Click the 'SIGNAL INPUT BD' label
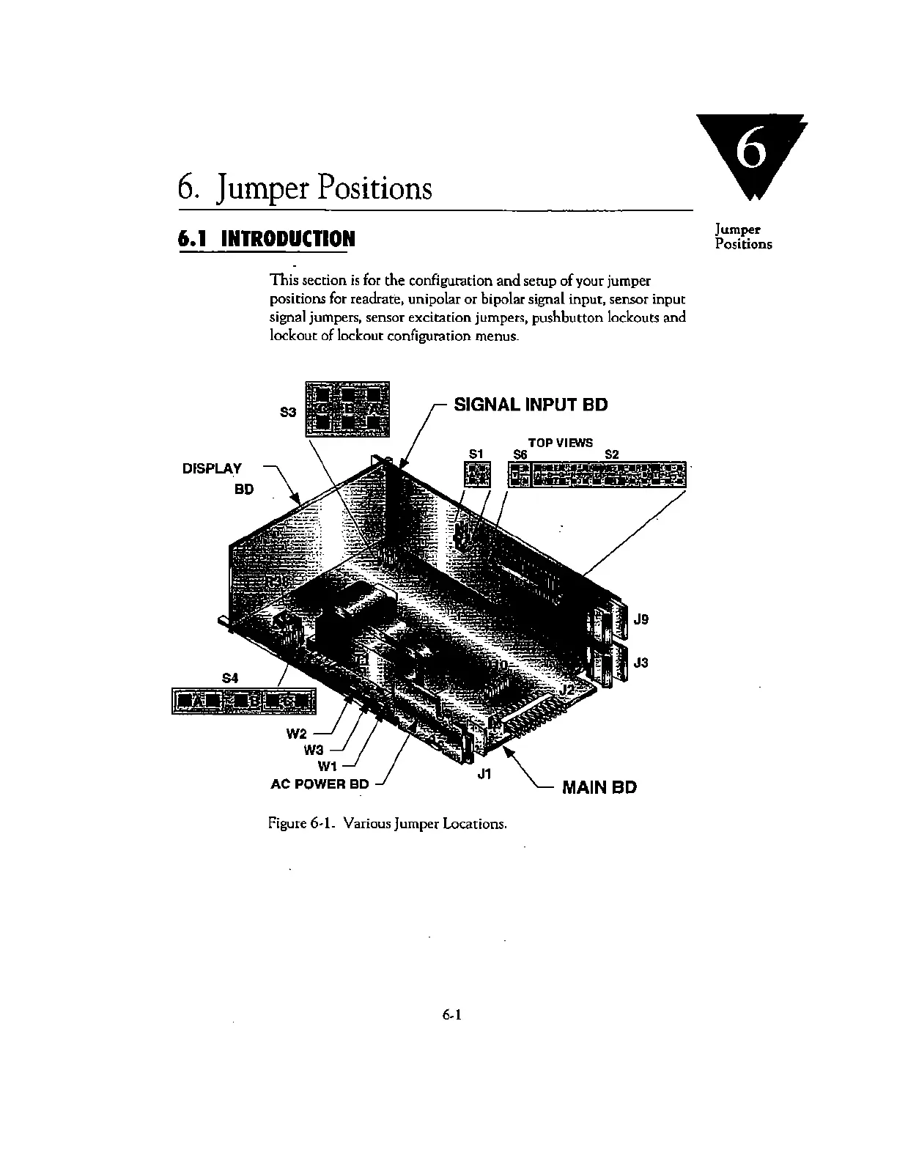point(531,405)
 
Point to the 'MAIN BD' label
point(599,787)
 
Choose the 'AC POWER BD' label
point(320,784)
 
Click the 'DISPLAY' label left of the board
point(212,468)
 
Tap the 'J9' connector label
point(641,619)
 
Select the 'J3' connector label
point(641,663)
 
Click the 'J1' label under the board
point(484,773)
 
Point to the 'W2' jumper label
point(296,734)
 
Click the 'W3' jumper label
point(313,750)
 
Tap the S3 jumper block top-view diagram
point(347,409)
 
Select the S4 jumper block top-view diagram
point(243,701)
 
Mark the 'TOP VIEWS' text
point(560,443)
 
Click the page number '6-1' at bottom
point(449,1015)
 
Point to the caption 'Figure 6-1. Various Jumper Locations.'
point(388,823)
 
